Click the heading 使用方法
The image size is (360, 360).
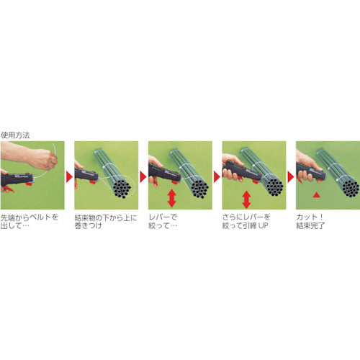(16, 135)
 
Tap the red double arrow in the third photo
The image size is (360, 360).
(171, 197)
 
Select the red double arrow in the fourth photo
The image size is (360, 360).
(246, 198)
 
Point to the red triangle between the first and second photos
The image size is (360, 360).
(69, 175)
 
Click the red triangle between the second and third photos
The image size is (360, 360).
(143, 175)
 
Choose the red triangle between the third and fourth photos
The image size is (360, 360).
(217, 175)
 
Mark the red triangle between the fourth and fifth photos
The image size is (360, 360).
(292, 175)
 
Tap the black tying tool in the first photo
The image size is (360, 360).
(18, 179)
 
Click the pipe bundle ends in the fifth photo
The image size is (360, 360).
(348, 186)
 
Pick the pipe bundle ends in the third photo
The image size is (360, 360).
(199, 186)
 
